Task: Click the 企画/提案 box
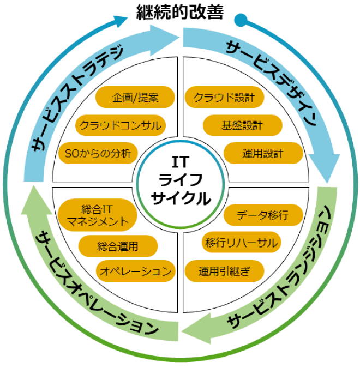[135, 98]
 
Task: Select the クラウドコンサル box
[120, 125]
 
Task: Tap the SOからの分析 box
[98, 153]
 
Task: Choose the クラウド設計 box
[225, 98]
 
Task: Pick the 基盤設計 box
[242, 125]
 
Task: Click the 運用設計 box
[263, 153]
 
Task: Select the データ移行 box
[263, 214]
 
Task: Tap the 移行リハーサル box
[241, 242]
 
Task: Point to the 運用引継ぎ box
[224, 270]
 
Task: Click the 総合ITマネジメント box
[98, 214]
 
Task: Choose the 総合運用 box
[118, 246]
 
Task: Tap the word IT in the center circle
[179, 162]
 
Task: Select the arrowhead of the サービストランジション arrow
[191, 329]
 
